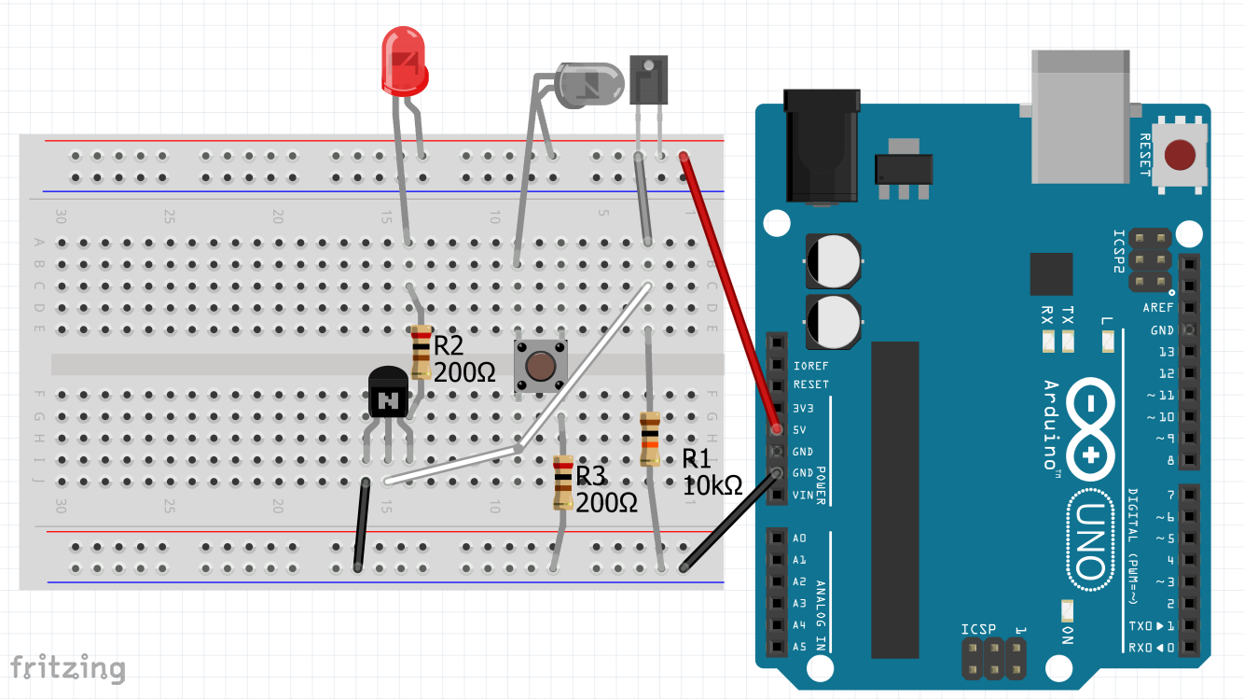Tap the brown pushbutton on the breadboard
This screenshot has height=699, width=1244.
click(x=541, y=366)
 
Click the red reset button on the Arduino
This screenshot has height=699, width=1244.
click(x=1182, y=155)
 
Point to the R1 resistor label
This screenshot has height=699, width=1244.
click(x=697, y=458)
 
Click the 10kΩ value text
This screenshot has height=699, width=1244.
click(x=712, y=486)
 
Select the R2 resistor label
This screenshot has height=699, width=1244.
click(x=449, y=347)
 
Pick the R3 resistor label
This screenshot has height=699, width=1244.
click(x=591, y=476)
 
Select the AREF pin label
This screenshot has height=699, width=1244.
click(x=1158, y=308)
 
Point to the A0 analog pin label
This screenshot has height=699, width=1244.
click(x=799, y=538)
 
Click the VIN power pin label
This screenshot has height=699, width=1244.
click(x=803, y=495)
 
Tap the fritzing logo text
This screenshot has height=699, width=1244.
click(x=67, y=668)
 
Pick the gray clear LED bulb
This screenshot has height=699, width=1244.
click(x=587, y=83)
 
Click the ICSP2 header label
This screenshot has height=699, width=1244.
click(x=1119, y=251)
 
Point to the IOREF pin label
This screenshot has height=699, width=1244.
click(x=810, y=366)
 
